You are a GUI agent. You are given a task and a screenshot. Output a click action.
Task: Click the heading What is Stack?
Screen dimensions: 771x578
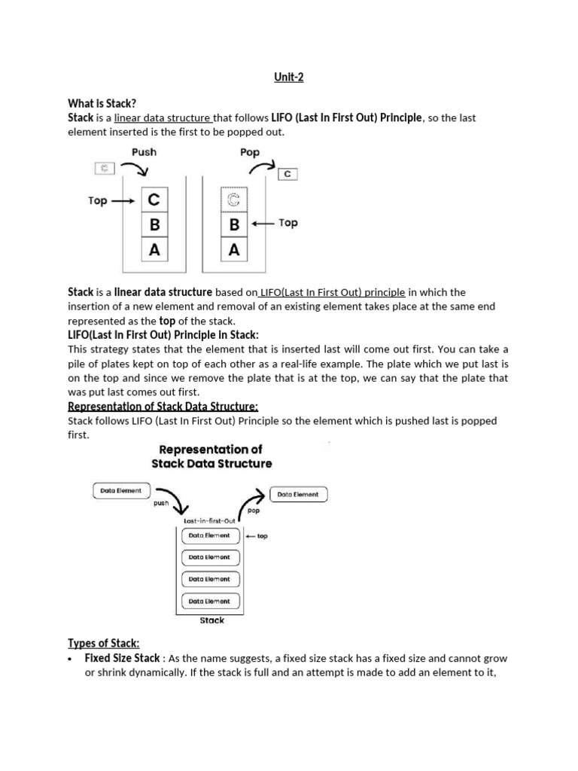tap(102, 103)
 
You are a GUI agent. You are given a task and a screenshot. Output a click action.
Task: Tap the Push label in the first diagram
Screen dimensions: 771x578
tap(144, 151)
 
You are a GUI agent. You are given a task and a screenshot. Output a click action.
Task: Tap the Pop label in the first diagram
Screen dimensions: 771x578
tap(249, 151)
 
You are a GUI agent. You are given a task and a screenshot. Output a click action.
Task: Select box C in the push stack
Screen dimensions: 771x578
tap(154, 200)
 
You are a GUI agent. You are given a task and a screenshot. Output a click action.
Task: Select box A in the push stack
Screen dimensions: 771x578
tap(154, 249)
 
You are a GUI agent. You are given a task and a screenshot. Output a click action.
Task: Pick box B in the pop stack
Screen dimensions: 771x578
tap(234, 224)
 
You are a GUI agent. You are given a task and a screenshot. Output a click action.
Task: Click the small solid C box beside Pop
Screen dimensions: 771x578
tap(287, 175)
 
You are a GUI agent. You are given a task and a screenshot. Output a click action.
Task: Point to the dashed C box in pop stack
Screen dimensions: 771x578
tap(234, 200)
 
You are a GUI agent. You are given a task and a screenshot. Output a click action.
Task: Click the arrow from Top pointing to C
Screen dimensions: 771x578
tap(123, 201)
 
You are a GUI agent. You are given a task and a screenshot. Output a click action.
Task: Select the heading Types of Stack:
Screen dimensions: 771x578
tap(104, 643)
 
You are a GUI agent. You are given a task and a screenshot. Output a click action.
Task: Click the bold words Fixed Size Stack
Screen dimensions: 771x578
tap(122, 658)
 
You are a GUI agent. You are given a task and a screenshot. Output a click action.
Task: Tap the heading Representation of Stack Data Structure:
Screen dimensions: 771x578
tap(163, 407)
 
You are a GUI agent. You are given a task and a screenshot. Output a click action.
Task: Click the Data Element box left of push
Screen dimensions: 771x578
tap(120, 491)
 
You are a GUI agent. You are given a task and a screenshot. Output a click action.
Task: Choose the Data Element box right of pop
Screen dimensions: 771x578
tap(298, 495)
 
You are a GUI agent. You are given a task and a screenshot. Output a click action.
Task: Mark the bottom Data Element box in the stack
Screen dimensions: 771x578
tap(210, 601)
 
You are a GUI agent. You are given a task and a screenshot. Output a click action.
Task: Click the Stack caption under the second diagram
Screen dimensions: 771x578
tap(211, 620)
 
